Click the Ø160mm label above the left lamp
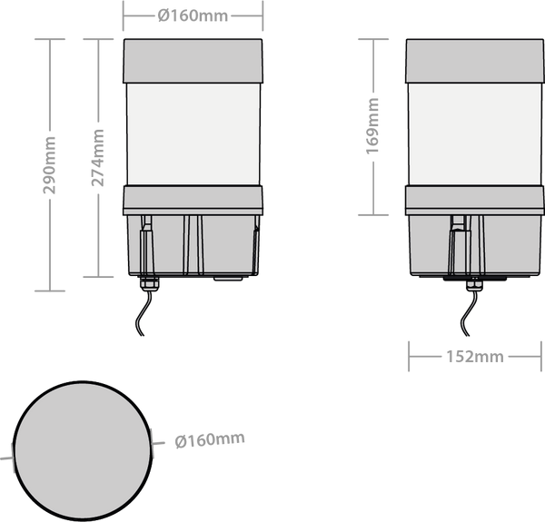[x=193, y=16]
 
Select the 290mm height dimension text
[x=49, y=165]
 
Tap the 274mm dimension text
[x=98, y=157]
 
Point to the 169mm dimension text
[x=372, y=126]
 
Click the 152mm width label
[x=475, y=357]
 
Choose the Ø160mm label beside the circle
[x=210, y=439]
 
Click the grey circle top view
[x=83, y=451]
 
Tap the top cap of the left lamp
[x=193, y=61]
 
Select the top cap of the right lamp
[x=475, y=61]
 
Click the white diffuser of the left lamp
[x=193, y=134]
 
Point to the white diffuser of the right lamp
[x=475, y=134]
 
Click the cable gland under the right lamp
[x=474, y=283]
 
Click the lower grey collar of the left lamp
[x=193, y=201]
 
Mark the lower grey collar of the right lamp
[x=475, y=201]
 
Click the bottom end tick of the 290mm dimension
[x=50, y=291]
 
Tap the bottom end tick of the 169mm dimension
[x=373, y=215]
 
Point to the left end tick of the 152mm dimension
[x=409, y=357]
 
